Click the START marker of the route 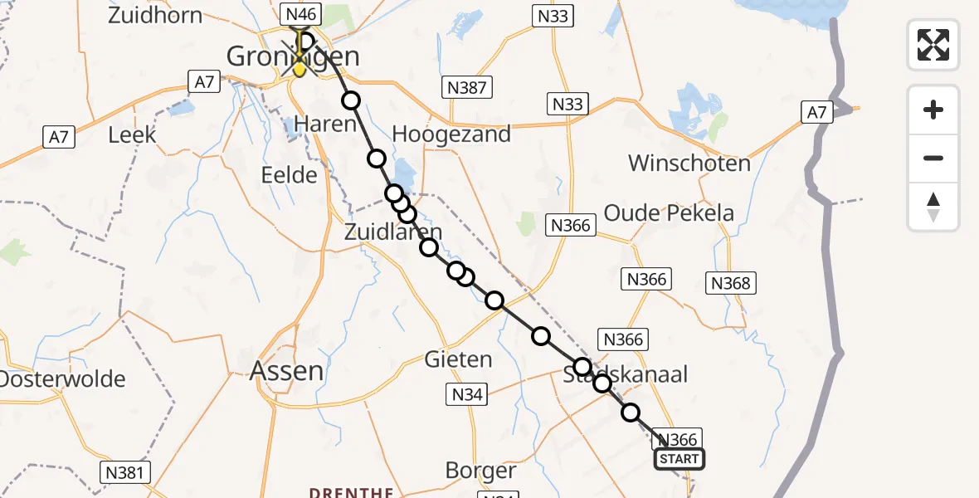[679, 459]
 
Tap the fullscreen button [933, 44]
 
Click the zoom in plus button [933, 110]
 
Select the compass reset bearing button [933, 207]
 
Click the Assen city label [287, 371]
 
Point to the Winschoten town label [689, 163]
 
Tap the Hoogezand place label [451, 134]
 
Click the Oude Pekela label [669, 213]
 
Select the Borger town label [480, 471]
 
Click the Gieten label [458, 360]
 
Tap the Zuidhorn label [155, 16]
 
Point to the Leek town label [133, 134]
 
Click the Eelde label [289, 175]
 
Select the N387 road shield [468, 87]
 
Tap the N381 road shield [126, 472]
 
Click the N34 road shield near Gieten [468, 394]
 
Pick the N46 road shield [300, 14]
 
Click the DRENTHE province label [351, 491]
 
